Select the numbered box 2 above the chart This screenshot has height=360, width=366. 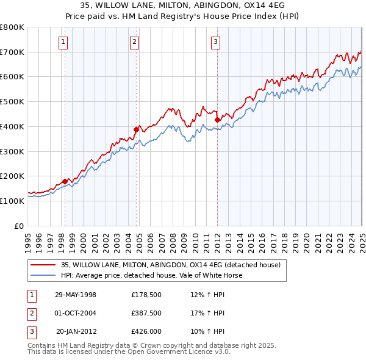pos(134,42)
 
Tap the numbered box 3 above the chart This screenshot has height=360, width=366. pos(216,42)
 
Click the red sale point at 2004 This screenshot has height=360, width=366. pos(137,129)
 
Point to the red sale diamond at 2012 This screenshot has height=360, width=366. pos(217,120)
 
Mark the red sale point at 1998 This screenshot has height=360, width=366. pos(65,181)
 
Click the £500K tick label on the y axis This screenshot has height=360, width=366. pos(12,101)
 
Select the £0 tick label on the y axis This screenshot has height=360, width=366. pos(19,226)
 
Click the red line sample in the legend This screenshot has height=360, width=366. pos(43,265)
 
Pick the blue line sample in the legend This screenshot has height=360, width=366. pos(43,275)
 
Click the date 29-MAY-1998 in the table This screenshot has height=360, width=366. pos(76,295)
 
